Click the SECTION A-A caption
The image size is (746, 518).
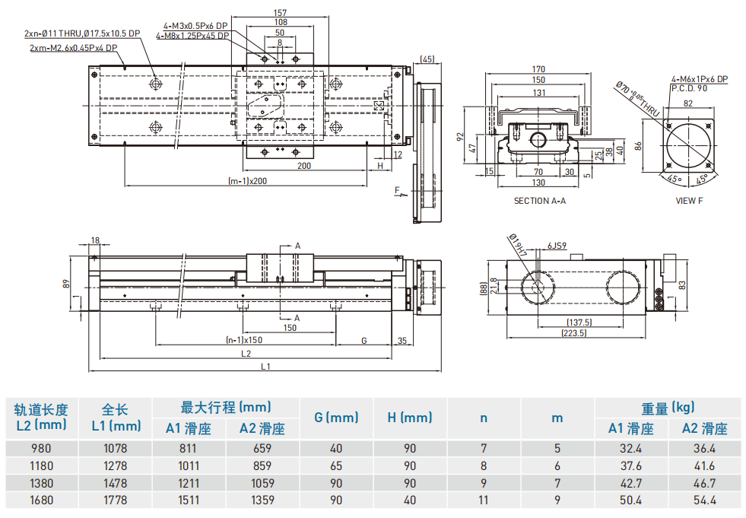click(x=540, y=201)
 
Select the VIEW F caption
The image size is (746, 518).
click(x=690, y=201)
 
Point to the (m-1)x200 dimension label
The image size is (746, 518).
click(x=248, y=181)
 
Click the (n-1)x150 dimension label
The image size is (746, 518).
click(x=244, y=340)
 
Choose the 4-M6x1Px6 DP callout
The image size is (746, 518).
click(x=699, y=79)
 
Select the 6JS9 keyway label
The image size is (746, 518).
click(x=558, y=246)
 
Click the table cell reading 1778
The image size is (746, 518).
click(x=115, y=501)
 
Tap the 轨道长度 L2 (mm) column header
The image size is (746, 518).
click(x=42, y=417)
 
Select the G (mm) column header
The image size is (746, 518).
click(x=336, y=418)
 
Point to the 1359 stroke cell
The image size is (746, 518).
click(x=262, y=501)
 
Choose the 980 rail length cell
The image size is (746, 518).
click(x=41, y=448)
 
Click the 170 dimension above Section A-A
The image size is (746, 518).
click(x=538, y=70)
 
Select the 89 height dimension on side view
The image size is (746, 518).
click(x=67, y=284)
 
